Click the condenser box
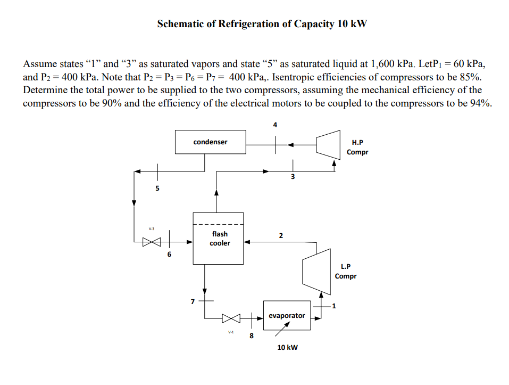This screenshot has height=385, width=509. (210, 142)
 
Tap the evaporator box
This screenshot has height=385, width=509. (287, 315)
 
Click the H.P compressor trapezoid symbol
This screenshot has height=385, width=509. (328, 144)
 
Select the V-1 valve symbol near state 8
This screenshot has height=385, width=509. (231, 318)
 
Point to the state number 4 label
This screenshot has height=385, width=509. (275, 125)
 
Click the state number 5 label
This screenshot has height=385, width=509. (157, 187)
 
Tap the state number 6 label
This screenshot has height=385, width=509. (169, 255)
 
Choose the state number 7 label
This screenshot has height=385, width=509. (193, 302)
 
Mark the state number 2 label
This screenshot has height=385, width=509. (281, 235)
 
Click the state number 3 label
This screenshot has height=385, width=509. (292, 176)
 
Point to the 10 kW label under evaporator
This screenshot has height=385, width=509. (288, 347)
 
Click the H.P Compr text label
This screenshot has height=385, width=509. (357, 148)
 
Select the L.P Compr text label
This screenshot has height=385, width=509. (345, 272)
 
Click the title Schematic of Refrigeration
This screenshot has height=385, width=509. (262, 24)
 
